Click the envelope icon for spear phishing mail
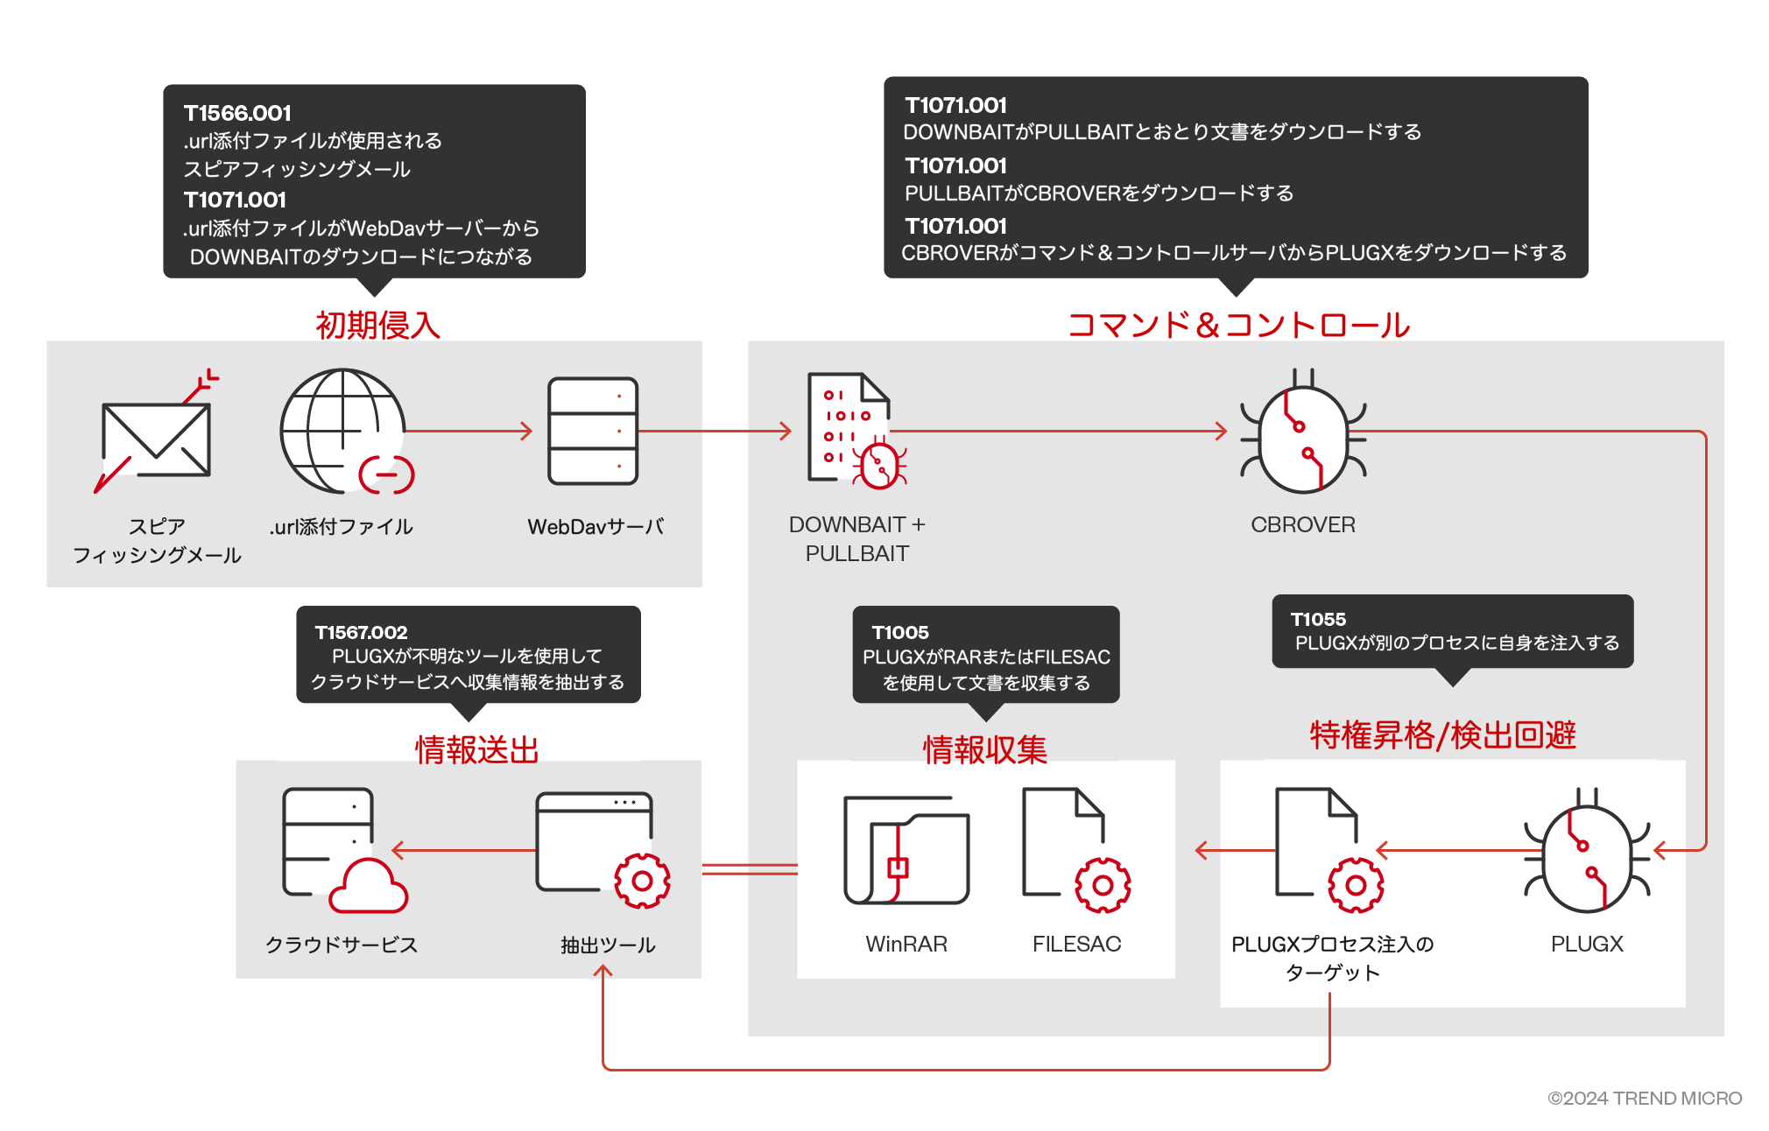(156, 439)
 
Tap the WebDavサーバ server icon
(593, 431)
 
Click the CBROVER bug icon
(1303, 431)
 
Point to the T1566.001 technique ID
(237, 113)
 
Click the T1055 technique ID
(1318, 619)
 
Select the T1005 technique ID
(900, 632)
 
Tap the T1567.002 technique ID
(361, 632)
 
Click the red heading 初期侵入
(377, 325)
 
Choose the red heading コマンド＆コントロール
(1238, 325)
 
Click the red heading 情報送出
(476, 750)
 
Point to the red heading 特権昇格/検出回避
(1442, 735)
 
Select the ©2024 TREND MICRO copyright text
(1645, 1098)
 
